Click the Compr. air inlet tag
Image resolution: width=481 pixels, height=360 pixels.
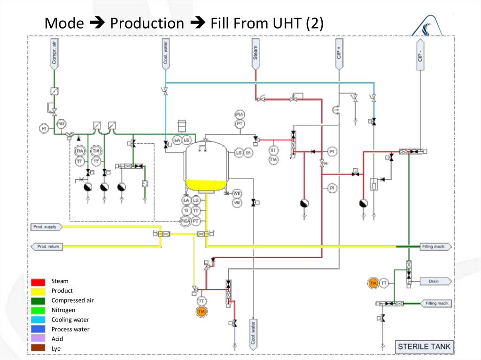pos(54,53)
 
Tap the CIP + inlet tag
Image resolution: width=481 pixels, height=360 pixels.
pos(339,53)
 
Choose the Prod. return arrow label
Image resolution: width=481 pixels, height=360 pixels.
pos(47,246)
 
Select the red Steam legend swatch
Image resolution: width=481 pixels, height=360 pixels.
pos(39,282)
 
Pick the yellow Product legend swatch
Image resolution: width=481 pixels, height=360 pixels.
pos(39,291)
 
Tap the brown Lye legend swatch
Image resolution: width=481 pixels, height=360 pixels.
pos(39,348)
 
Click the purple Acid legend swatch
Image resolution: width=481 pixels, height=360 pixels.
pos(39,339)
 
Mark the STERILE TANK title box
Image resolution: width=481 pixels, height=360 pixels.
pos(424,347)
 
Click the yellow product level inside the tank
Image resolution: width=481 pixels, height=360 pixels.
pos(205,185)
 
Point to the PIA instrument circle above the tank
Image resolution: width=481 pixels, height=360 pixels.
pos(240,115)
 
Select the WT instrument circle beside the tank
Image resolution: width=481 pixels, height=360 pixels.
pos(237,193)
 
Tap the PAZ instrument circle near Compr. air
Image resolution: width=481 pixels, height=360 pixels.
pos(61,123)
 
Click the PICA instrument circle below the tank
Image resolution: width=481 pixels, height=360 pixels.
pos(186,220)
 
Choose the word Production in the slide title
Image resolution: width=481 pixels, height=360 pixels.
pos(147,23)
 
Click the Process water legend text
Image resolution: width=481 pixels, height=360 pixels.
pos(70,329)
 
